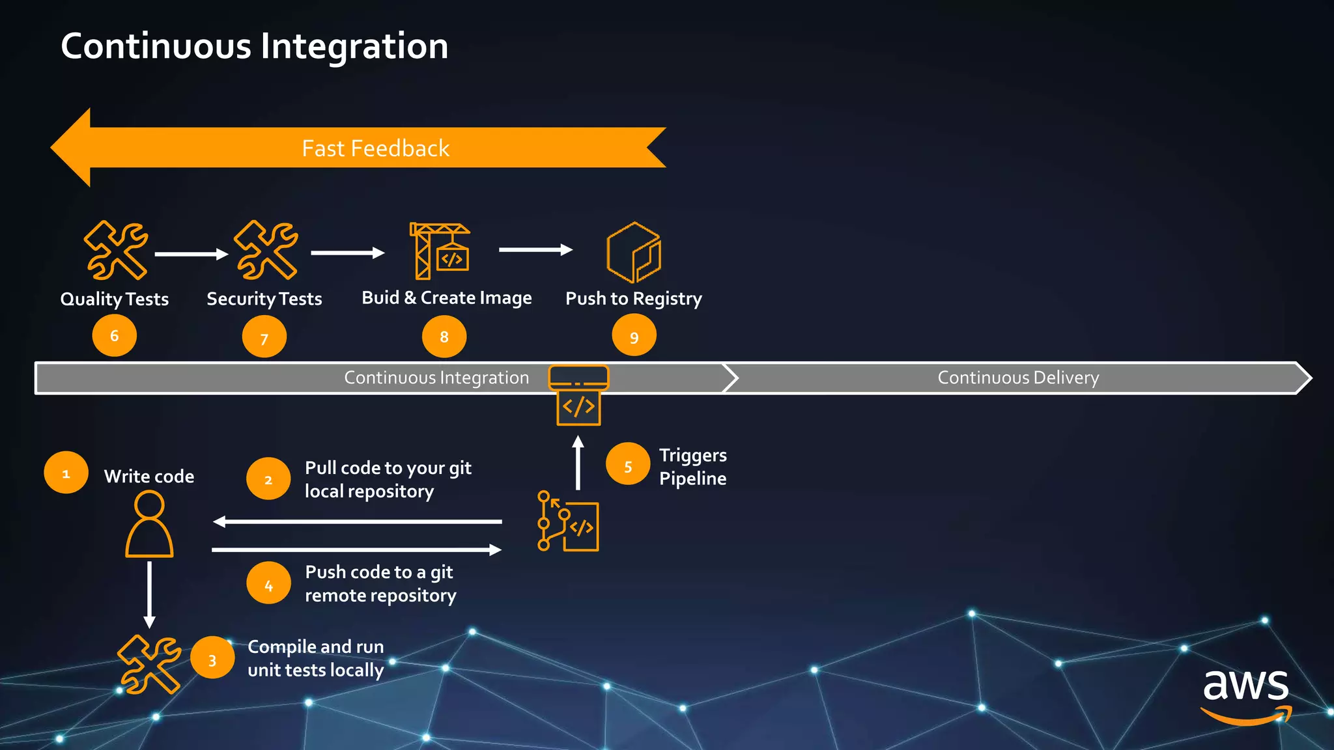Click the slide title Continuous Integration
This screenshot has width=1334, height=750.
254,46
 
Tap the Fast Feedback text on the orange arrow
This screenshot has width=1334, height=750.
375,148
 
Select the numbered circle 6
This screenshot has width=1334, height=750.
114,336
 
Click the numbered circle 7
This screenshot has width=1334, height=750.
264,338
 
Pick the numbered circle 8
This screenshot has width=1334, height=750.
444,337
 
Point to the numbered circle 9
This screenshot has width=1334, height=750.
634,337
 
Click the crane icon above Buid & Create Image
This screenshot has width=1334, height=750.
440,251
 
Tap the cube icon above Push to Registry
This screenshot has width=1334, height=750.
633,252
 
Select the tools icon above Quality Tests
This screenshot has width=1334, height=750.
116,250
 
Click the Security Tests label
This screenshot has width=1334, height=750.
264,299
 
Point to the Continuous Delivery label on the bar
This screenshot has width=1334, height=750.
1017,378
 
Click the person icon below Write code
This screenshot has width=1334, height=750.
149,524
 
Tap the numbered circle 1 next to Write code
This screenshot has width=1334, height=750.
66,473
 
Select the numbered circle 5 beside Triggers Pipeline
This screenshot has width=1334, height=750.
627,465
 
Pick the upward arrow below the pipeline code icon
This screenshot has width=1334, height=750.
578,463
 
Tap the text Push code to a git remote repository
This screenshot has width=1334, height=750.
380,583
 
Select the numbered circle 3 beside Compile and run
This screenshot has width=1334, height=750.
212,659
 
